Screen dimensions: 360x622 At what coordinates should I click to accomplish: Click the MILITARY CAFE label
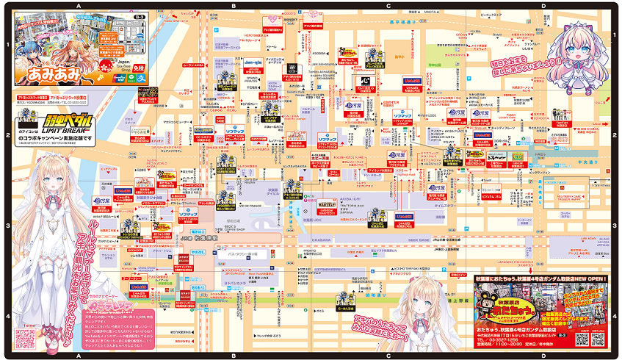pyautogui.click(x=571, y=197)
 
